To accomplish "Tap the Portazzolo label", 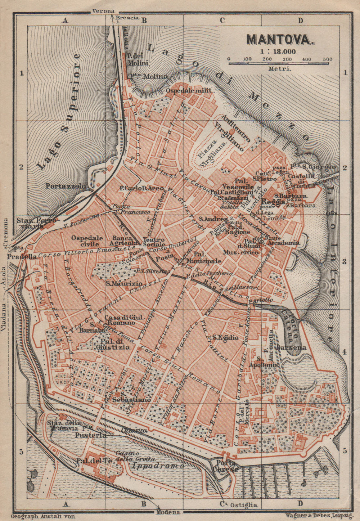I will click(66, 186).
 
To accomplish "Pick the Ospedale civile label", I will click(87, 241).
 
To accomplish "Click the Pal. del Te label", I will click(95, 461).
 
